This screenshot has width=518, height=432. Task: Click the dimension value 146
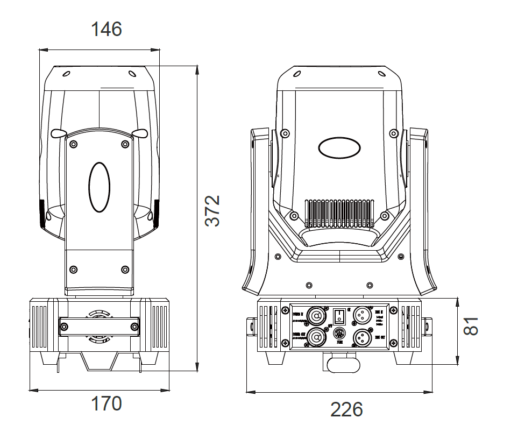click(x=107, y=29)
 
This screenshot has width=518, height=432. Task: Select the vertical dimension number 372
click(x=213, y=210)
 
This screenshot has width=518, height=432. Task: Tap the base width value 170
click(x=106, y=403)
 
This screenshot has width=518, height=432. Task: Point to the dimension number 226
click(x=346, y=410)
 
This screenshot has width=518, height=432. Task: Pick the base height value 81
click(x=471, y=326)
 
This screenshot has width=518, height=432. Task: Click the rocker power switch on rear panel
click(x=339, y=315)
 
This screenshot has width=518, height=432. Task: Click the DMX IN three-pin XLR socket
click(x=361, y=315)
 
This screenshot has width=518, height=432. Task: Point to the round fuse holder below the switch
click(x=339, y=333)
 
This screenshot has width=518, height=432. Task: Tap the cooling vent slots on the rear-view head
click(x=339, y=213)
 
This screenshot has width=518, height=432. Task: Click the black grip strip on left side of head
click(x=42, y=213)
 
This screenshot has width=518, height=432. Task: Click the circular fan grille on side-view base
click(x=99, y=326)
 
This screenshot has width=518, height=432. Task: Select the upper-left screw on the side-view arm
click(x=74, y=144)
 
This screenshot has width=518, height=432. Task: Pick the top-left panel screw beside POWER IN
click(x=285, y=310)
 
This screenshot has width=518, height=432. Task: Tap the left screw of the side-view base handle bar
click(x=65, y=326)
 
